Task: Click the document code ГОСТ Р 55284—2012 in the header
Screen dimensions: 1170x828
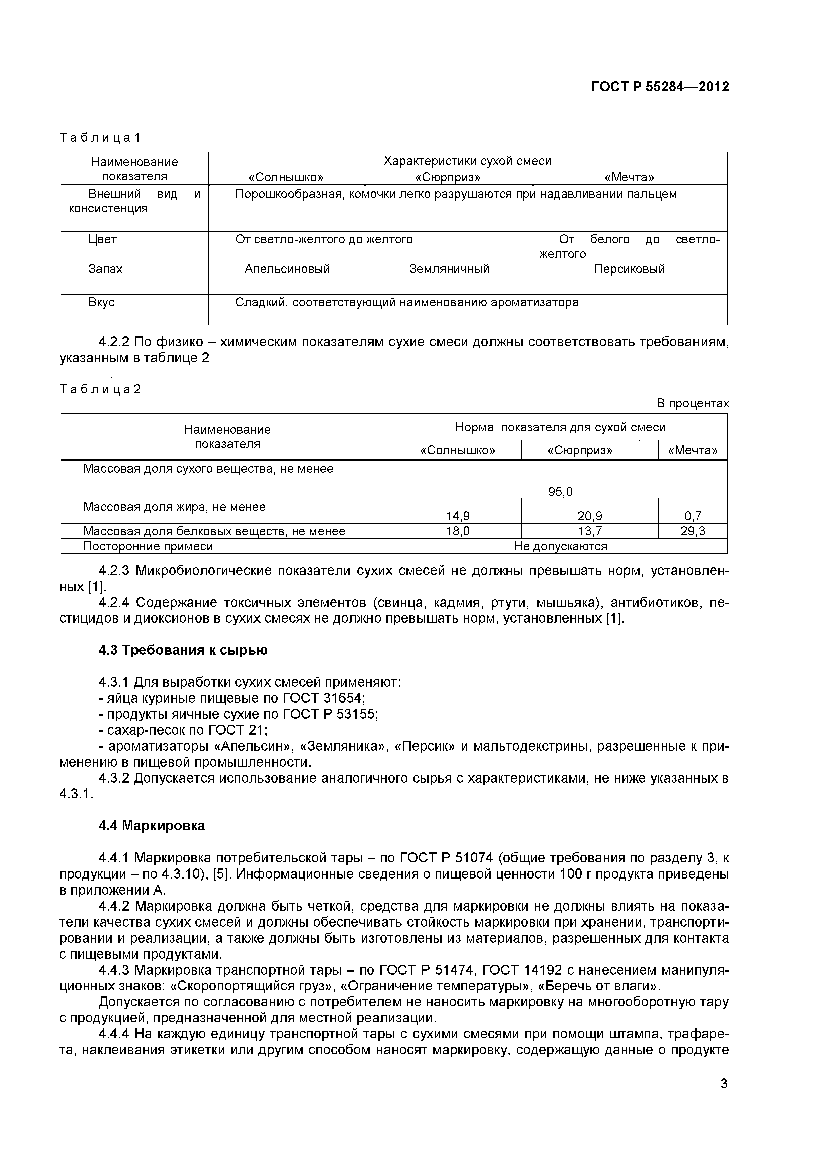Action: pyautogui.click(x=660, y=87)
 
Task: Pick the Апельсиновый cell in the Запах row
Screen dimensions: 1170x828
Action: pyautogui.click(x=287, y=269)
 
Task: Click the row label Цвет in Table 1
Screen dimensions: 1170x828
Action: pyautogui.click(x=102, y=239)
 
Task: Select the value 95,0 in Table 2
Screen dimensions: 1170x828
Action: pyautogui.click(x=560, y=491)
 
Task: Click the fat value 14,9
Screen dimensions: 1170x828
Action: pyautogui.click(x=457, y=516)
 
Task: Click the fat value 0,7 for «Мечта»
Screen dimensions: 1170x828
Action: pyautogui.click(x=693, y=516)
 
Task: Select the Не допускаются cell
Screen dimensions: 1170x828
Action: pyautogui.click(x=560, y=546)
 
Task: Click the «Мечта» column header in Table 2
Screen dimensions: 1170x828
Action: pyautogui.click(x=693, y=451)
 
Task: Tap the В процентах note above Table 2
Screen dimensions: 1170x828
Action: pyautogui.click(x=693, y=403)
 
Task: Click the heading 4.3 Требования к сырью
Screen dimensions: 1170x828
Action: pyautogui.click(x=183, y=651)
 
